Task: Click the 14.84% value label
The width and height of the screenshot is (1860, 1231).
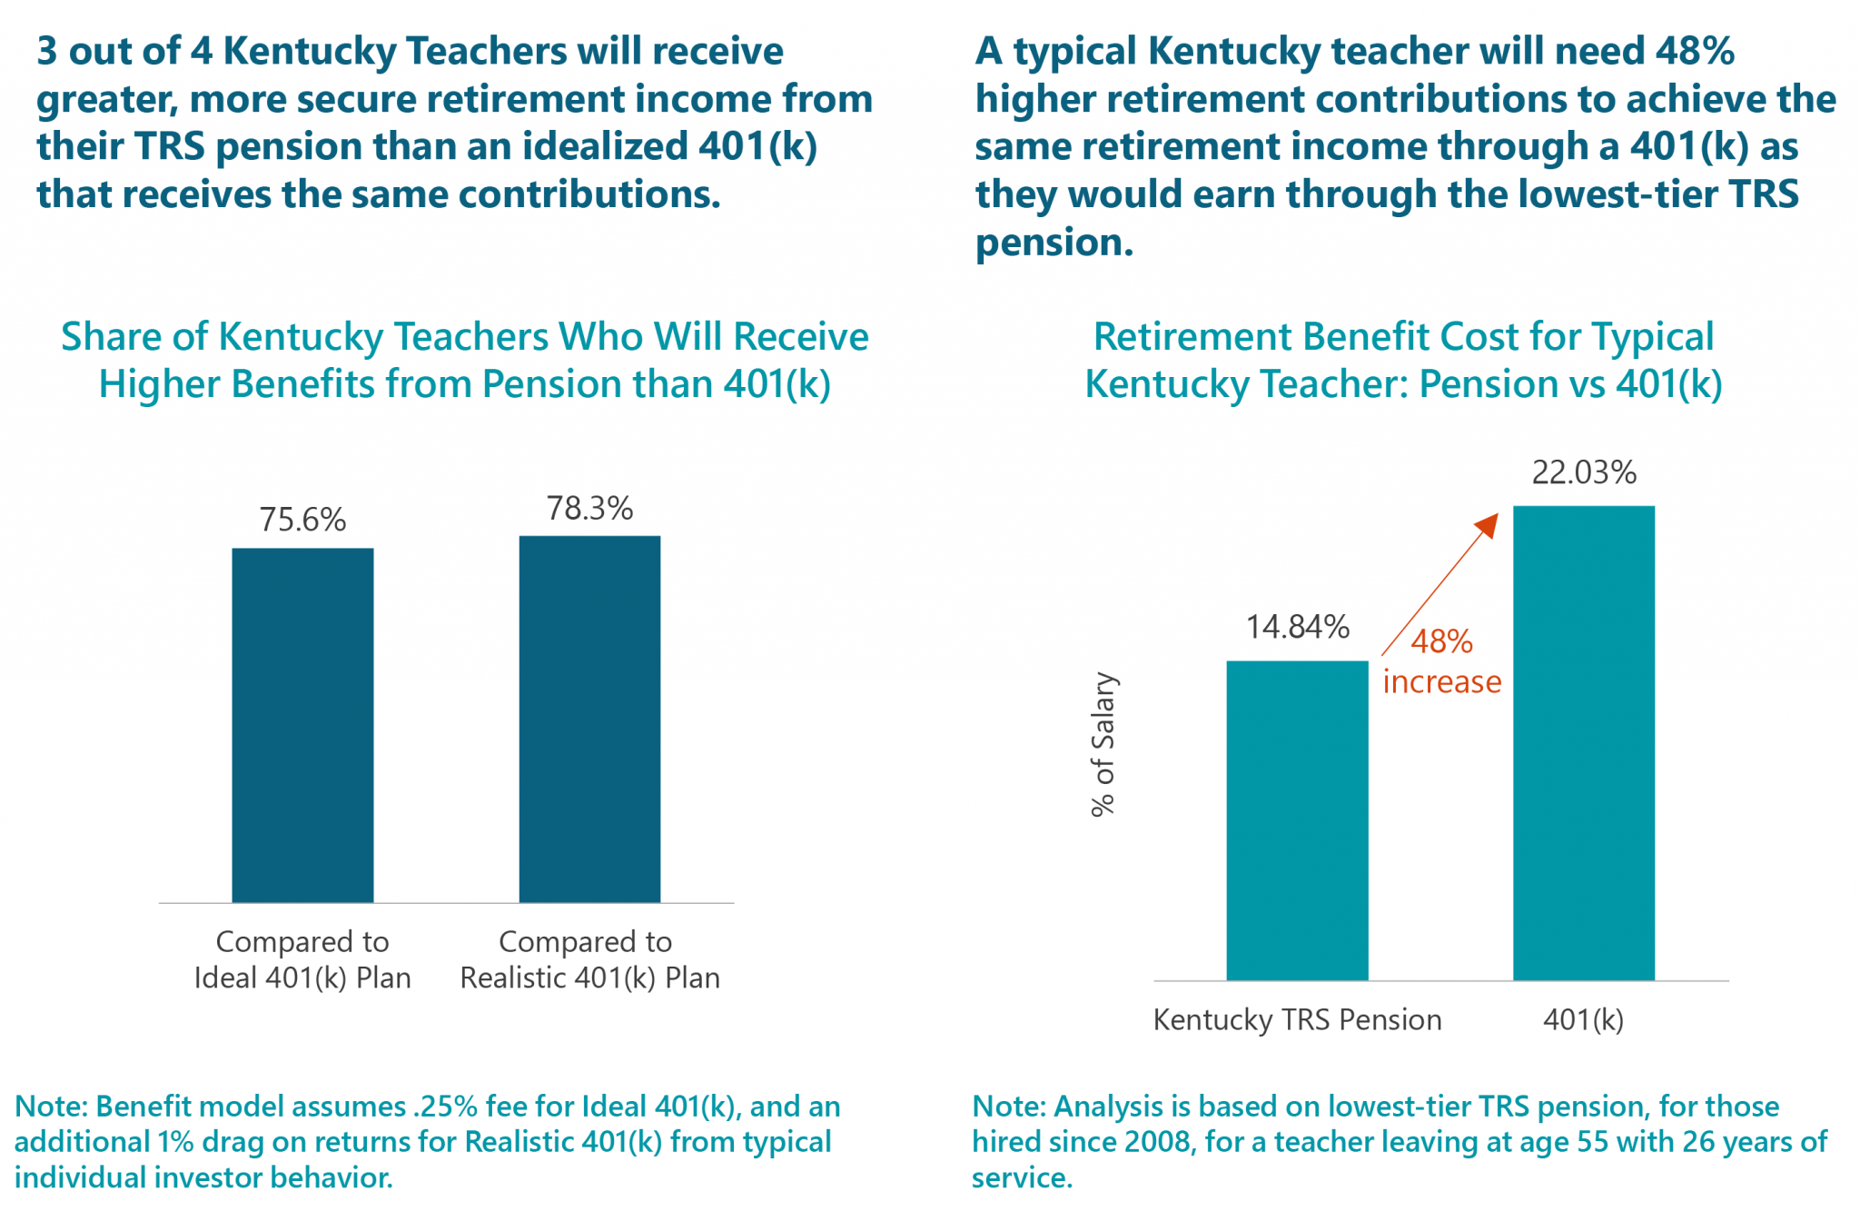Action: [1297, 627]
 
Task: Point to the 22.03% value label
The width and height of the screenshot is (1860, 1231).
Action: [1584, 472]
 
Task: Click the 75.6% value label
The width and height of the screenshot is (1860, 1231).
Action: [302, 520]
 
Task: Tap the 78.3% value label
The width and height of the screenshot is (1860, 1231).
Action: [589, 508]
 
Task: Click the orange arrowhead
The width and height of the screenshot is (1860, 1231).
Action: [1487, 525]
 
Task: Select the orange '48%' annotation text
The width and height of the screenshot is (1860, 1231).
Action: [1441, 641]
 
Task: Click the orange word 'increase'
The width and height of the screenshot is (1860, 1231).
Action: [1442, 681]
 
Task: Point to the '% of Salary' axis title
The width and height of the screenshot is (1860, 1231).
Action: [1103, 744]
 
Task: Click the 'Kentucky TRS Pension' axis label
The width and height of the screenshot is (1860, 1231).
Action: [1297, 1019]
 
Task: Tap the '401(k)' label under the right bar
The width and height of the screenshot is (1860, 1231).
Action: [1583, 1019]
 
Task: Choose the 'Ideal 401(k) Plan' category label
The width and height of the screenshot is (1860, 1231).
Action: [302, 978]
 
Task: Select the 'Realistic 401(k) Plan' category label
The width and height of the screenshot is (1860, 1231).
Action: [589, 978]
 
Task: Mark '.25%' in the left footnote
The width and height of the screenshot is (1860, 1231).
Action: [445, 1107]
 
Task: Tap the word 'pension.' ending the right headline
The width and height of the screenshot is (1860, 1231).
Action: [1054, 243]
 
